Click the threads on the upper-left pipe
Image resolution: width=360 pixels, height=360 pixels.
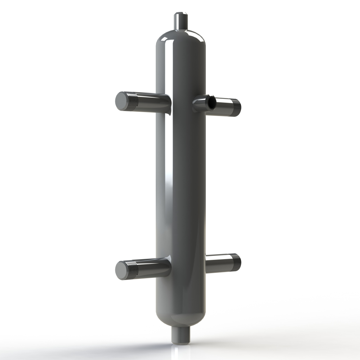click(132, 101)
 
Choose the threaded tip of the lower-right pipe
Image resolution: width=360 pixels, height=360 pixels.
click(236, 262)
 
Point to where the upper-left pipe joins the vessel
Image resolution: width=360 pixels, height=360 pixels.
click(169, 102)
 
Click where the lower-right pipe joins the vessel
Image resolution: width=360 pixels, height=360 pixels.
click(206, 263)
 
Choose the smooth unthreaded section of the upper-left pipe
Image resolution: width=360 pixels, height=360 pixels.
click(151, 101)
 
